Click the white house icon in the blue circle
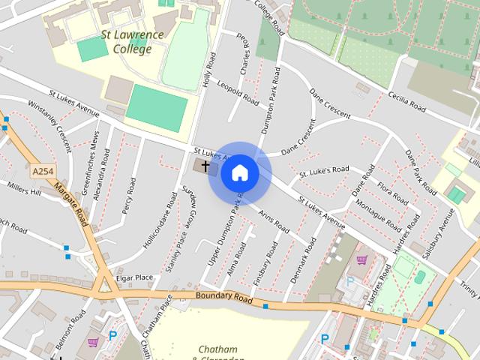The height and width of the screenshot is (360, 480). [x=239, y=173]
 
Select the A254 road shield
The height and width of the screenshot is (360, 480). [x=43, y=172]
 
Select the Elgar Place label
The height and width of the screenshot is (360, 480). [x=136, y=277]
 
